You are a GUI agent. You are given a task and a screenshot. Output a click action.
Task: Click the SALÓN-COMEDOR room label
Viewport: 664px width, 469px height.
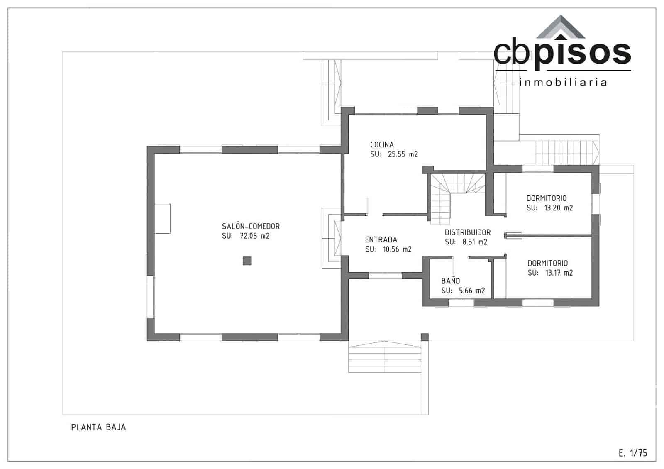(x=251, y=226)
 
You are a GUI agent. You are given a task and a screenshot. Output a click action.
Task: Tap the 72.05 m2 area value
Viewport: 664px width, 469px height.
(x=254, y=236)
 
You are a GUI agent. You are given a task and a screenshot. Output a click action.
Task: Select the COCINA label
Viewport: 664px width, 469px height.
(x=382, y=144)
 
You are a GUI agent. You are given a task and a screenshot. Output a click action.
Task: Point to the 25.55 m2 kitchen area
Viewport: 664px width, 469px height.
(x=403, y=154)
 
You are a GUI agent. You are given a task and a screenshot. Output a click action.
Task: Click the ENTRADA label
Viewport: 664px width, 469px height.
(x=381, y=239)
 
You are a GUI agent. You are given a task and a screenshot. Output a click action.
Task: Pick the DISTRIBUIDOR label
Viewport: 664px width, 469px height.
(x=468, y=232)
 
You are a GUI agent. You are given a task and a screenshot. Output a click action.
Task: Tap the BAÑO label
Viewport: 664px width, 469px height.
(x=450, y=281)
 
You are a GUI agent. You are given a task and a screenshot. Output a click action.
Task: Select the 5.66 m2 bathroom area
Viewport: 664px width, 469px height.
(x=472, y=291)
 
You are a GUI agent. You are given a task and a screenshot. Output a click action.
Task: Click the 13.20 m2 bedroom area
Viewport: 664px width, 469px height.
(x=558, y=208)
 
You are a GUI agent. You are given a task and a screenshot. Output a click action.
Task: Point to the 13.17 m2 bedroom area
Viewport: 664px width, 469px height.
(x=559, y=273)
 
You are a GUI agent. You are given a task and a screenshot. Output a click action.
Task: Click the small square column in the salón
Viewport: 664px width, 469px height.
(x=247, y=261)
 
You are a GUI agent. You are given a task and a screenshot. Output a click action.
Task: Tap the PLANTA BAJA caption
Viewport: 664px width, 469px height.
(x=98, y=427)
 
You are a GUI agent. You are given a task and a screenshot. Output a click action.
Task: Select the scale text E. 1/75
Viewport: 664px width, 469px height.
(x=632, y=453)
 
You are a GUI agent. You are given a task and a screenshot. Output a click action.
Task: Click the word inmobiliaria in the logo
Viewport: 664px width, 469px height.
(x=563, y=83)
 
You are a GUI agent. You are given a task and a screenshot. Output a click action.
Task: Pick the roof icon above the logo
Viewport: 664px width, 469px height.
(x=561, y=27)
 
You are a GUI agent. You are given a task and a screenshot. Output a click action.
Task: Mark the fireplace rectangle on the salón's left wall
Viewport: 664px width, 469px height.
(x=162, y=218)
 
